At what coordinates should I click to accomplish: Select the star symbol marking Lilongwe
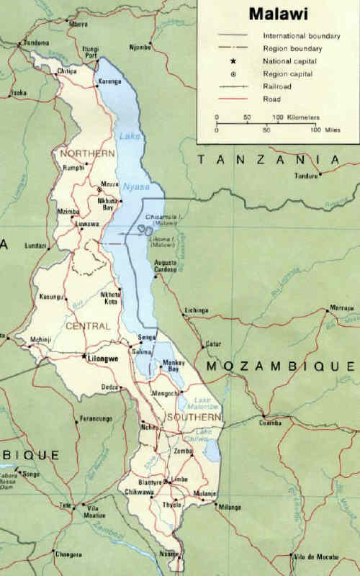84,356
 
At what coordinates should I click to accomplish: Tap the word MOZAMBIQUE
282,366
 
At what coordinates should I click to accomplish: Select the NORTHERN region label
88,153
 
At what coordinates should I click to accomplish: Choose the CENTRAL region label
87,326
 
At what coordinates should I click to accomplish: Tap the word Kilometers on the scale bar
295,116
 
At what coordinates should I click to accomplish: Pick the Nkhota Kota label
111,297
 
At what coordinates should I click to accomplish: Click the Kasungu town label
52,297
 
